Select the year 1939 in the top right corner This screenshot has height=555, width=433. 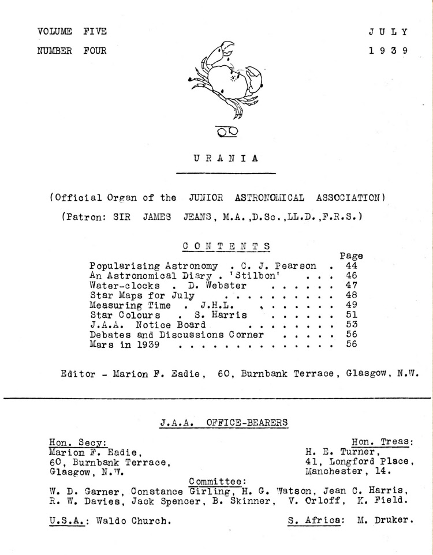389,50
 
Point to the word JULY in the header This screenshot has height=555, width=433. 389,31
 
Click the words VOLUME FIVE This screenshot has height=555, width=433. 72,31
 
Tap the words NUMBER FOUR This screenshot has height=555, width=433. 72,50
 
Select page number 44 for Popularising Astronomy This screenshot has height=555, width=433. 350,266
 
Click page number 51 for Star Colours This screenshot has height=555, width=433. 350,315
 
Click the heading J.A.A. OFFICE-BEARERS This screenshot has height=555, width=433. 224,422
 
